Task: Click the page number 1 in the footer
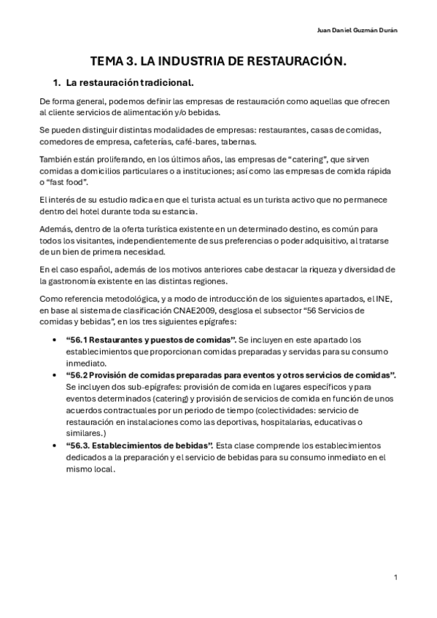click(395, 577)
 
